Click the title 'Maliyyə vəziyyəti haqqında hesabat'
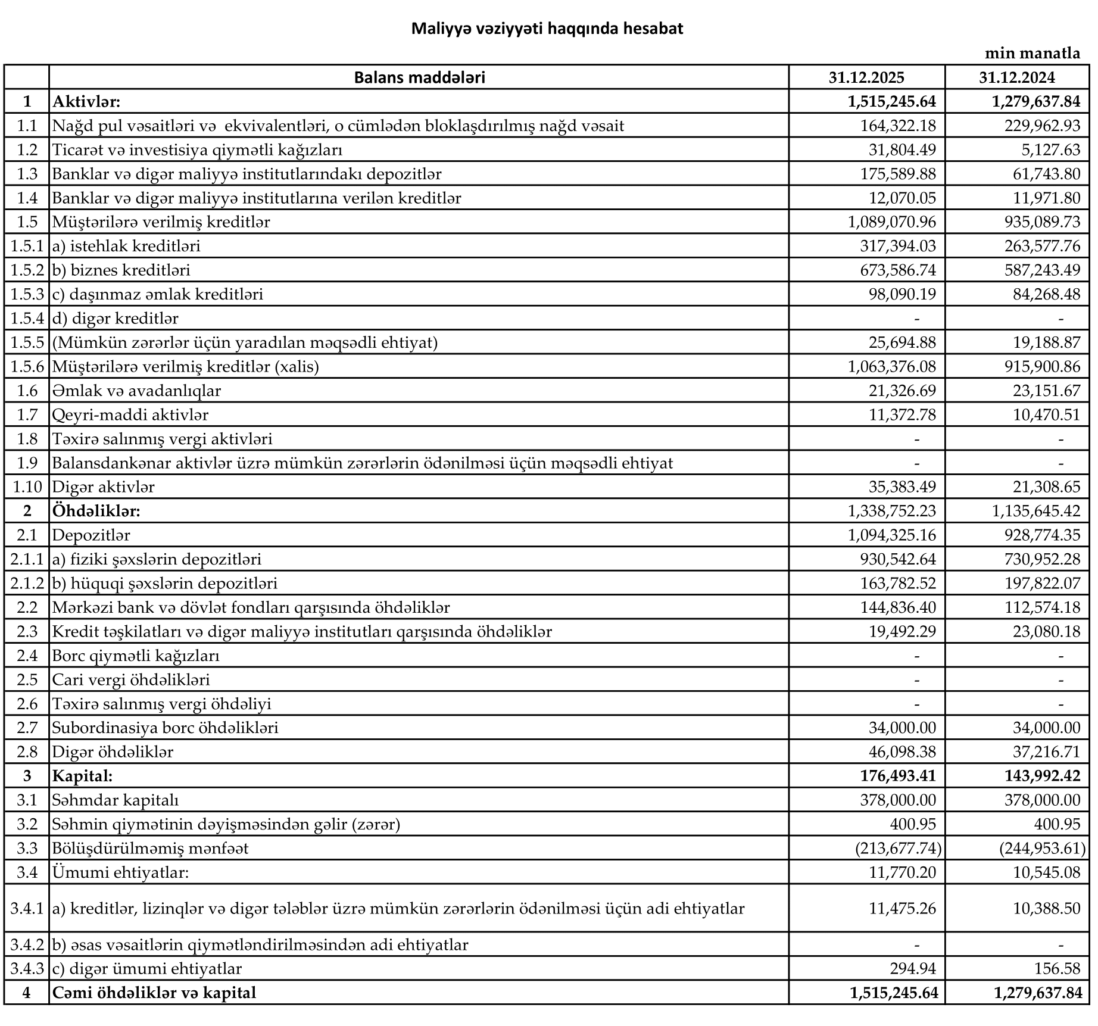[547, 29]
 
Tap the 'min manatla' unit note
[1032, 54]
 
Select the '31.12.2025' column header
[866, 77]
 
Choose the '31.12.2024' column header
[1017, 77]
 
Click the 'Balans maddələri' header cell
[419, 77]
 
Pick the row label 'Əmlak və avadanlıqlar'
[136, 391]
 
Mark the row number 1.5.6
[27, 367]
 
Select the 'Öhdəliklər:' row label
[96, 511]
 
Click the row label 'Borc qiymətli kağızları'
[136, 656]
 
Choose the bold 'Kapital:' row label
[82, 776]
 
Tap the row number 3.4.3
[27, 969]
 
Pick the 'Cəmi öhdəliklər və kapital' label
[154, 993]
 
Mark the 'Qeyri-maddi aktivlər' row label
[130, 414]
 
